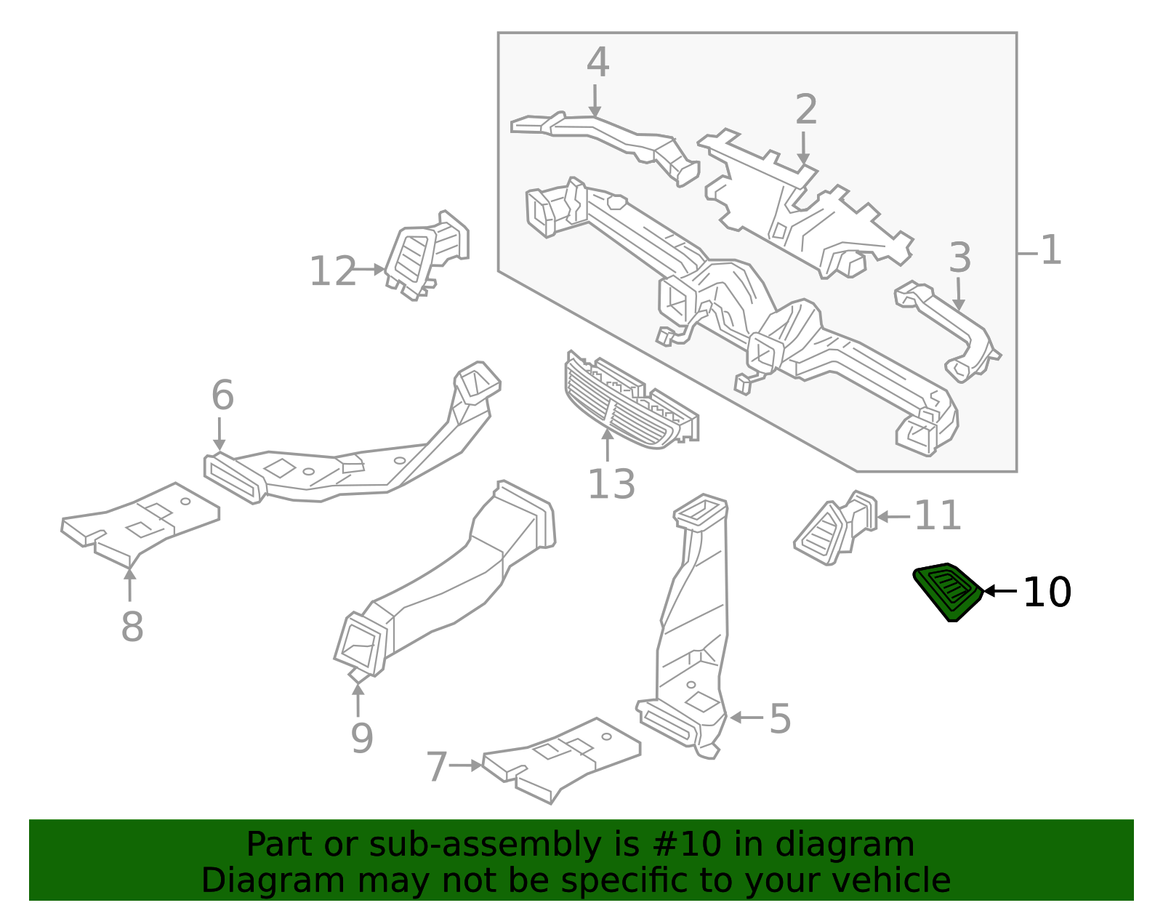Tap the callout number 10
[x=1047, y=592]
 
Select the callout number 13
[x=611, y=485]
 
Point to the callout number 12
[x=333, y=272]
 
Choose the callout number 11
[x=938, y=516]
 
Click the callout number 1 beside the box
[x=1051, y=251]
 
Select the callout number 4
[x=597, y=63]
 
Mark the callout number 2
[x=806, y=110]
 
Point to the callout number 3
[x=960, y=258]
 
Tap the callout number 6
[x=222, y=396]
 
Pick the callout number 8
[x=132, y=627]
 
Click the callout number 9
[x=361, y=739]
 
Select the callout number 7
[x=436, y=768]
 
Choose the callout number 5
[x=780, y=719]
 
